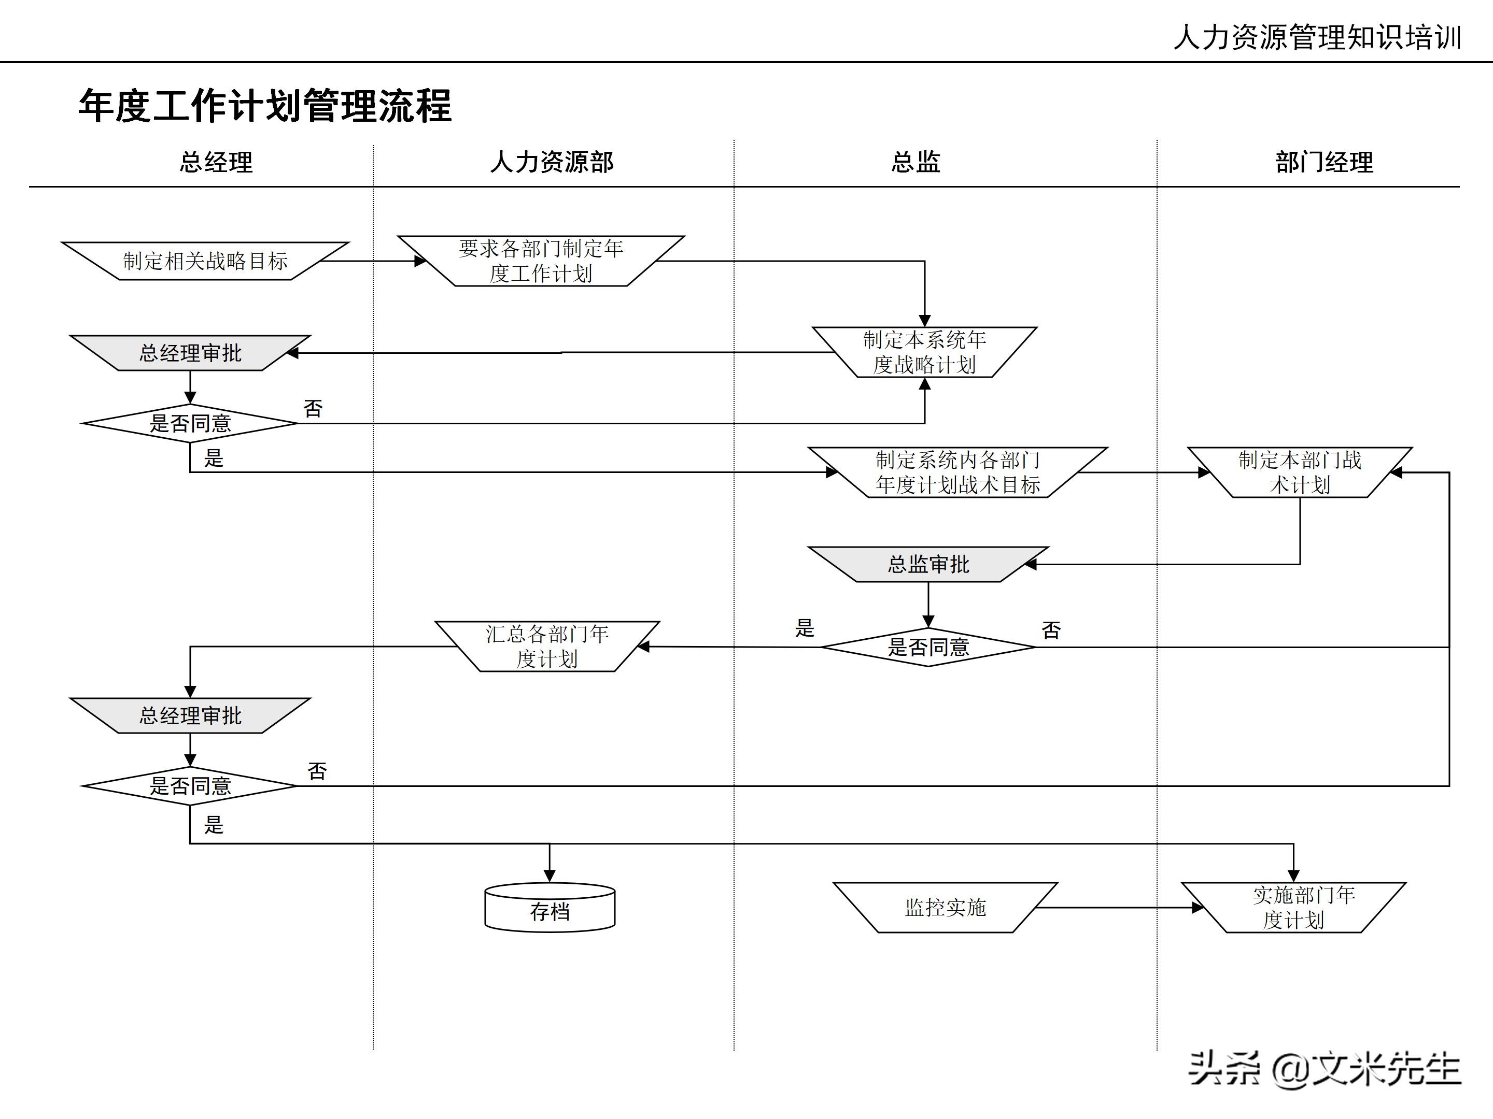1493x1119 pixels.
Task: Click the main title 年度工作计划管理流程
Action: click(x=264, y=106)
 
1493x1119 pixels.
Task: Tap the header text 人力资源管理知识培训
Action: click(x=1317, y=37)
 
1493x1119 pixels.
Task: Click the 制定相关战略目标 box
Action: click(x=205, y=261)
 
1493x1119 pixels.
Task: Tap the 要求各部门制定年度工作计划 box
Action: click(x=541, y=261)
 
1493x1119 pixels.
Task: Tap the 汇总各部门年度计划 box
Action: click(x=547, y=646)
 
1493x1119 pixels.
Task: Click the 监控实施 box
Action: click(x=945, y=908)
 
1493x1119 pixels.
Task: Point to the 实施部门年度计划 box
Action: click(x=1293, y=908)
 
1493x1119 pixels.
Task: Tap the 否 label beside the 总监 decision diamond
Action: click(x=1051, y=630)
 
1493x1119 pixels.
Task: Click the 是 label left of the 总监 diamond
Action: click(x=805, y=628)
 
